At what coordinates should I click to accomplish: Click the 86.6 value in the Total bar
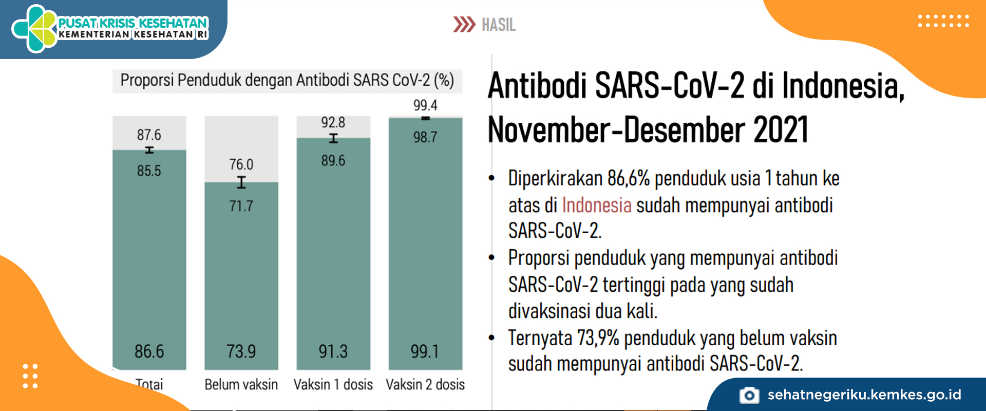click(x=149, y=351)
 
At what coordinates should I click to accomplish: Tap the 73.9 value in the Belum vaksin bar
click(x=241, y=351)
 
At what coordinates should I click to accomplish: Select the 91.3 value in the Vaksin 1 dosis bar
click(x=333, y=351)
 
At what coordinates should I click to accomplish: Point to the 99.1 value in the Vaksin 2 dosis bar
click(x=425, y=351)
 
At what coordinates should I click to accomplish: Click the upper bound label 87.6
click(x=149, y=135)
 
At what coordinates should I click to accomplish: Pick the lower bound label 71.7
click(x=241, y=206)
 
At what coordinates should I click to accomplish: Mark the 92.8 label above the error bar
click(x=333, y=122)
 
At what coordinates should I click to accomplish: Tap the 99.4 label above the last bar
click(x=425, y=105)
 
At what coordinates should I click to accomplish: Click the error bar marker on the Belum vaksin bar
click(x=241, y=182)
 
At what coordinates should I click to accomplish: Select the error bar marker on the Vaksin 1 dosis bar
click(x=333, y=138)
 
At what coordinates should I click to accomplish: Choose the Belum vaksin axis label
click(x=241, y=384)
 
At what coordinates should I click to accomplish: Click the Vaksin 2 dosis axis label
click(x=425, y=384)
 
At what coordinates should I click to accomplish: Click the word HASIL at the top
click(x=499, y=25)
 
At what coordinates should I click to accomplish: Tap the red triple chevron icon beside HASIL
click(x=464, y=25)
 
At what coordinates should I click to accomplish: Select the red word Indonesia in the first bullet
click(x=597, y=205)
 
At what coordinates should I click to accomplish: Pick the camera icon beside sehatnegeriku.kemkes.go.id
click(x=749, y=395)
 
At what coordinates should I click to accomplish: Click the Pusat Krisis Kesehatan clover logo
click(x=35, y=29)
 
